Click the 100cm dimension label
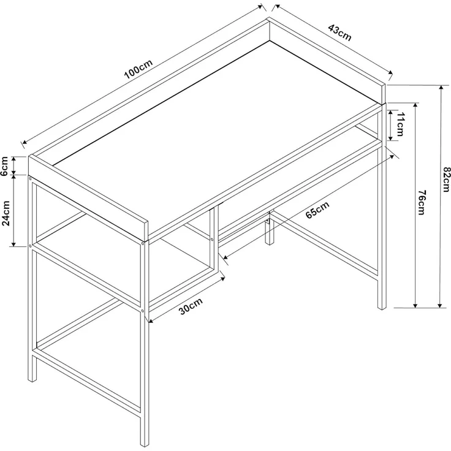(137, 71)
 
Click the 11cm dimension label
(400, 125)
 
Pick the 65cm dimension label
(317, 210)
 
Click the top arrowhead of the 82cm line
(440, 88)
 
